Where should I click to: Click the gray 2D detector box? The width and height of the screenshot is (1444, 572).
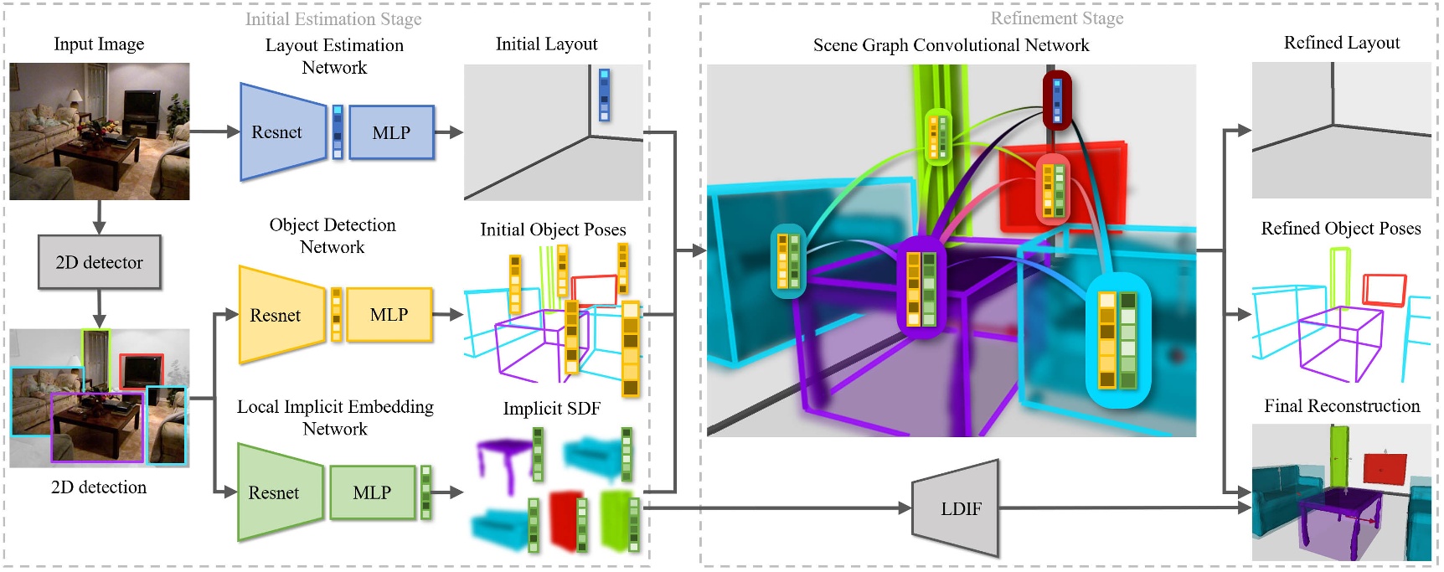[99, 262]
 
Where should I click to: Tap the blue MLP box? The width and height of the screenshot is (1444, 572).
[391, 132]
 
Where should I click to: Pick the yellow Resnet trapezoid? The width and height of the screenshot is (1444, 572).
[280, 315]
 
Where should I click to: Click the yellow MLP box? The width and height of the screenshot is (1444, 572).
[389, 315]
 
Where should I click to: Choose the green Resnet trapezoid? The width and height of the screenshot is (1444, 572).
[278, 492]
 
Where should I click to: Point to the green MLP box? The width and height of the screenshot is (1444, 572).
[372, 492]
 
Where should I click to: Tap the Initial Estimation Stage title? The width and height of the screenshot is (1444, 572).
[333, 18]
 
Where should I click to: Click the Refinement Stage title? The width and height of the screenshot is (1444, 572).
[1057, 18]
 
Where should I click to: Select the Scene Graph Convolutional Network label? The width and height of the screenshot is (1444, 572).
[951, 45]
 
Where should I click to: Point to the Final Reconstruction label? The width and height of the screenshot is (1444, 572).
[1342, 406]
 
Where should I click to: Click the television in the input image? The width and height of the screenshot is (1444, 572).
[142, 106]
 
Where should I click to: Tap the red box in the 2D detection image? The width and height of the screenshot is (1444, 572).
[141, 370]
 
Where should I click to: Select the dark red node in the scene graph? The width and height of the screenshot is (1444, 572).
[1057, 99]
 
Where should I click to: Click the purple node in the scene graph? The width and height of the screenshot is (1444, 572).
[921, 289]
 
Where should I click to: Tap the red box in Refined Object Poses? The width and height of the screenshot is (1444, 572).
[1384, 290]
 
